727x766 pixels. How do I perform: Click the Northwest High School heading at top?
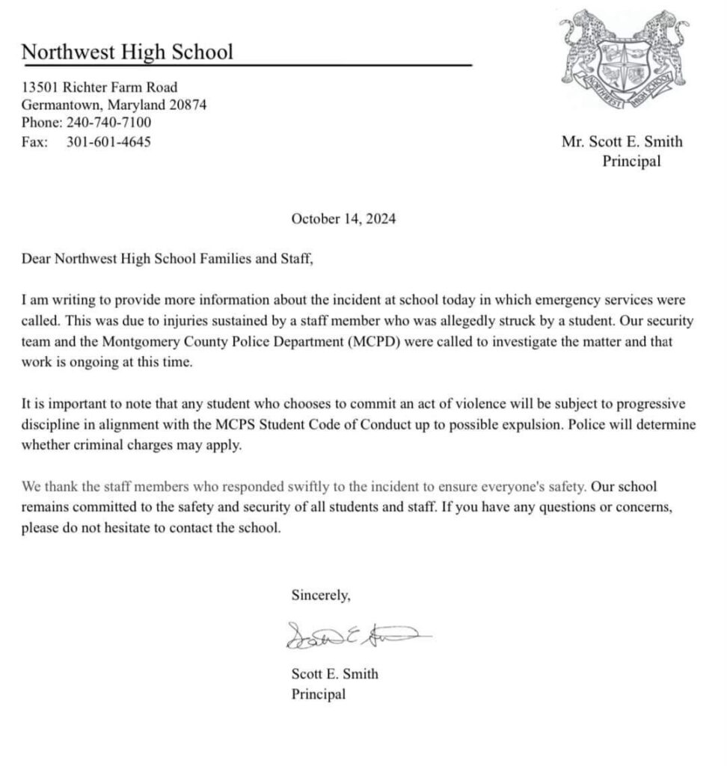pos(127,52)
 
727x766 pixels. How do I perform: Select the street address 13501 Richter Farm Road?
pos(99,88)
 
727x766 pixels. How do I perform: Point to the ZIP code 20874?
pos(188,105)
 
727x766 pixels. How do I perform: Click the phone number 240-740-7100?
pos(108,123)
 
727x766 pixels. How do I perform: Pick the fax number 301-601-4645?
pos(108,141)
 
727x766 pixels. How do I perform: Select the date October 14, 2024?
pos(343,220)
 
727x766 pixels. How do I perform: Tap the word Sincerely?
pos(321,596)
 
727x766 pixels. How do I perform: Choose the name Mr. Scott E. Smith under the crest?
pos(622,142)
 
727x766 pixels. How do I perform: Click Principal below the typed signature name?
pos(319,694)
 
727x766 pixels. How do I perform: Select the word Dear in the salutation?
pos(36,260)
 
